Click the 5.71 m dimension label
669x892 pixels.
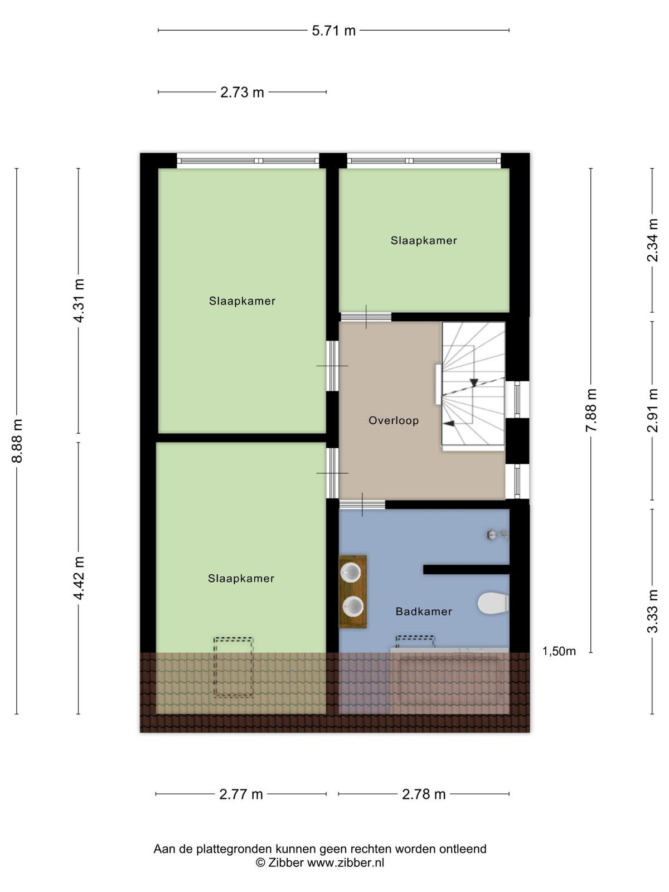pyautogui.click(x=333, y=31)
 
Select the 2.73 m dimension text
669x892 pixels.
pyautogui.click(x=242, y=93)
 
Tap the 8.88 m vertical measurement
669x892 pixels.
pyautogui.click(x=17, y=440)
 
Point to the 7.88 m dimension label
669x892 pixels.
pyautogui.click(x=591, y=410)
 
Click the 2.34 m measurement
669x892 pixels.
pyautogui.click(x=652, y=241)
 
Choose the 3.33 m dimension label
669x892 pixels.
pyautogui.click(x=652, y=611)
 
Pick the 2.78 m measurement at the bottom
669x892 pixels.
pyautogui.click(x=424, y=794)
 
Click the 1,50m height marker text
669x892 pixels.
pyautogui.click(x=559, y=651)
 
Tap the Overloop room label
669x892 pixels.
pyautogui.click(x=393, y=420)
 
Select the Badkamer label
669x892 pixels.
pyautogui.click(x=424, y=612)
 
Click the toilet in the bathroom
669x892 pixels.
pyautogui.click(x=493, y=603)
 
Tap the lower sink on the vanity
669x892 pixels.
pyautogui.click(x=352, y=607)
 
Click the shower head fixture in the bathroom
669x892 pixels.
pyautogui.click(x=497, y=535)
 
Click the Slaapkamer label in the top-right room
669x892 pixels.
pyautogui.click(x=424, y=241)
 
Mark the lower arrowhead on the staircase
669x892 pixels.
pyautogui.click(x=448, y=424)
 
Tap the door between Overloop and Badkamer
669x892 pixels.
pyautogui.click(x=362, y=505)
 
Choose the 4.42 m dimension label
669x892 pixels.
pyautogui.click(x=79, y=578)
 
